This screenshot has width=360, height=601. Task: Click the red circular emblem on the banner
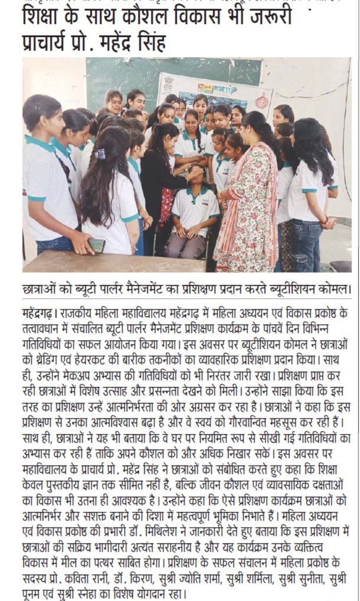click(x=261, y=100)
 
